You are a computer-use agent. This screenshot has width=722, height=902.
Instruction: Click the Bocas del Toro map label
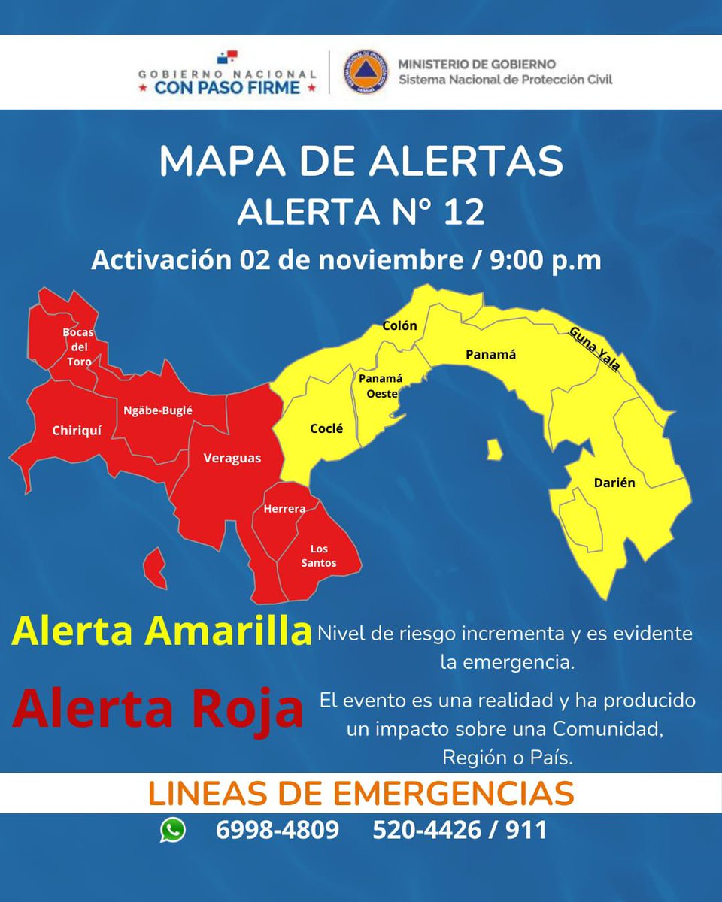[x=77, y=347]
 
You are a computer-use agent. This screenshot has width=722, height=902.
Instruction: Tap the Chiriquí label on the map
[x=77, y=431]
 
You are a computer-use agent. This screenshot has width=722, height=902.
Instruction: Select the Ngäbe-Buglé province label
[x=158, y=410]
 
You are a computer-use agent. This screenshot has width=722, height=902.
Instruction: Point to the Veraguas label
[x=232, y=458]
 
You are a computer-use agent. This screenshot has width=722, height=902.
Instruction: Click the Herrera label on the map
[x=284, y=509]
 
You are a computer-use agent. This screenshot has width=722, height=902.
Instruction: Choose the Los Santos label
[x=323, y=556]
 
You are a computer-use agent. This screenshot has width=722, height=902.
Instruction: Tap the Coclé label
[x=326, y=428]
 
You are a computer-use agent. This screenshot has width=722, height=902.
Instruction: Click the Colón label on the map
[x=399, y=325]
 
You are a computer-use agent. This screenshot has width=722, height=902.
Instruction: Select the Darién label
[x=614, y=483]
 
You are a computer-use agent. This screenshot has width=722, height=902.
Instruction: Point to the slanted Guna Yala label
[x=595, y=348]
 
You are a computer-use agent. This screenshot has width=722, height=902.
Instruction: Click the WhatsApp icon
[x=173, y=830]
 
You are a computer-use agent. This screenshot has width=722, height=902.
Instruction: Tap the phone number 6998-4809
[x=277, y=830]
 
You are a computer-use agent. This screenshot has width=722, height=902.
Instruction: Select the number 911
[x=526, y=830]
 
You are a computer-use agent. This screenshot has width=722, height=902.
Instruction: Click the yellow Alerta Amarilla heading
[x=161, y=631]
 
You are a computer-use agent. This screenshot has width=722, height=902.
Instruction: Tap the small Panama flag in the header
[x=227, y=57]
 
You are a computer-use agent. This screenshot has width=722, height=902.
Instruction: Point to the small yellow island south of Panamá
[x=494, y=450]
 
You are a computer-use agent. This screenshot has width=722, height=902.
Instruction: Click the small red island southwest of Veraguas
[x=156, y=568]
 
